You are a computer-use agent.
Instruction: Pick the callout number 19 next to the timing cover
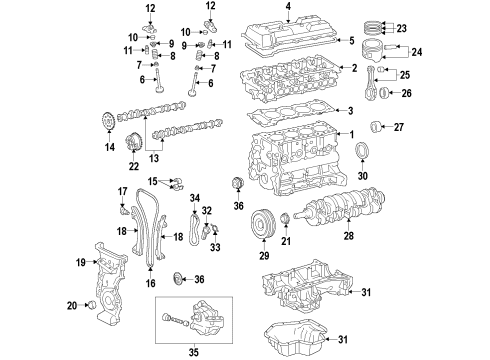pos(81,263)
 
